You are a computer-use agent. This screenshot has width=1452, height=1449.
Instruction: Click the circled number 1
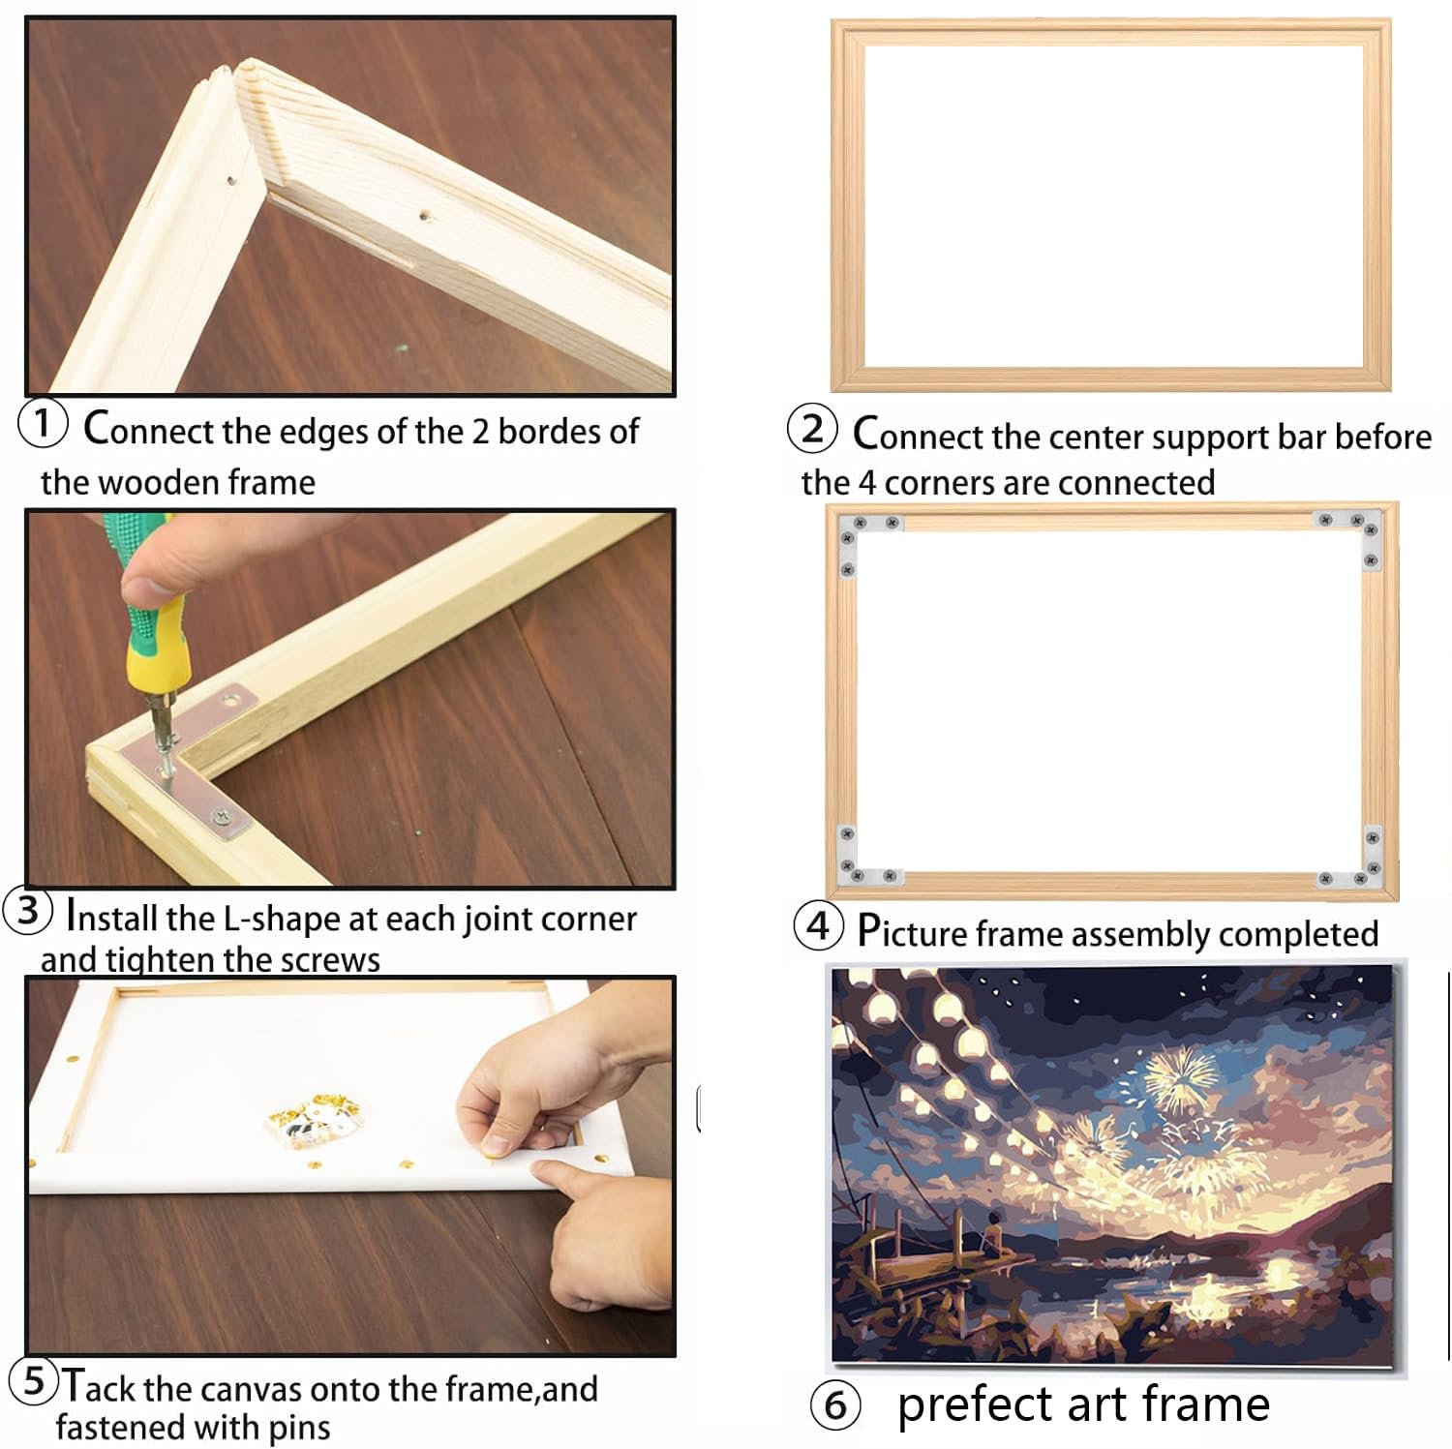click(43, 424)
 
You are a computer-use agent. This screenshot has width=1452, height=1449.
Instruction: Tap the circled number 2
click(812, 429)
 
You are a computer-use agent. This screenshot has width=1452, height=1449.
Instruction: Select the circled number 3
click(28, 911)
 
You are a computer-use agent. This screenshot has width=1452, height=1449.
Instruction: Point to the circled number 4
click(818, 926)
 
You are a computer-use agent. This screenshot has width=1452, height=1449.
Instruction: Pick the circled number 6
click(835, 1405)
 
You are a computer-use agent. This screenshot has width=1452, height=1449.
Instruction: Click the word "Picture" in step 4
click(912, 932)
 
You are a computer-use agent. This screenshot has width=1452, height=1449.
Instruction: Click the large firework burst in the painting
click(1179, 1077)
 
